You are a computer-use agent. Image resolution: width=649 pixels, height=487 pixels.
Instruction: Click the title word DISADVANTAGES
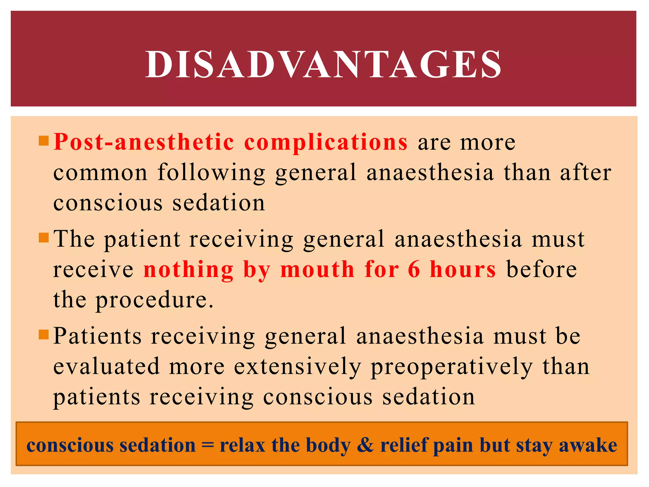(x=323, y=64)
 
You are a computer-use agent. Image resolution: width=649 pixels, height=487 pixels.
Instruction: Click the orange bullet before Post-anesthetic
(x=43, y=140)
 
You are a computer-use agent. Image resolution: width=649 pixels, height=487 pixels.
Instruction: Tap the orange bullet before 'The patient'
(x=43, y=237)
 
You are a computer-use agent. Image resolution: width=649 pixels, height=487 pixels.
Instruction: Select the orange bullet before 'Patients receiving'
(x=43, y=334)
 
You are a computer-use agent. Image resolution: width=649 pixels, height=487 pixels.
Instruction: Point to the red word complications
(x=326, y=142)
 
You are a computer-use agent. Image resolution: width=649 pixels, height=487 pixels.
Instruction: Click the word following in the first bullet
(x=211, y=173)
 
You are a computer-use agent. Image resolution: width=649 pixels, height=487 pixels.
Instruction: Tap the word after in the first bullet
(x=586, y=172)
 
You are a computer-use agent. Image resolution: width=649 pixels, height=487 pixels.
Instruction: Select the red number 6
(x=414, y=269)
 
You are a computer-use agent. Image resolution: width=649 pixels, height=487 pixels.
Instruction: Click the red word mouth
(x=317, y=269)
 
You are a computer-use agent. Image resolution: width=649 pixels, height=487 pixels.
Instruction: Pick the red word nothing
(x=189, y=270)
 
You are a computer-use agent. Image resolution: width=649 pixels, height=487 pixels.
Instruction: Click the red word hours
(x=463, y=269)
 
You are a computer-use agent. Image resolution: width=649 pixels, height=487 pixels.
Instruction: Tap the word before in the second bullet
(x=542, y=269)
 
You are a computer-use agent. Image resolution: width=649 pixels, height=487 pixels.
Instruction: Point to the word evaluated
(x=106, y=366)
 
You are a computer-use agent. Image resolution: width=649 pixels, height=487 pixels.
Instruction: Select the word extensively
(x=298, y=367)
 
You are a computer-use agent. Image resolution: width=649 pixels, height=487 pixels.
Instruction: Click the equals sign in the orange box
(x=208, y=445)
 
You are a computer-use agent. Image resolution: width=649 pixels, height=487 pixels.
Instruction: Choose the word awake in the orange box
(x=588, y=445)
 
